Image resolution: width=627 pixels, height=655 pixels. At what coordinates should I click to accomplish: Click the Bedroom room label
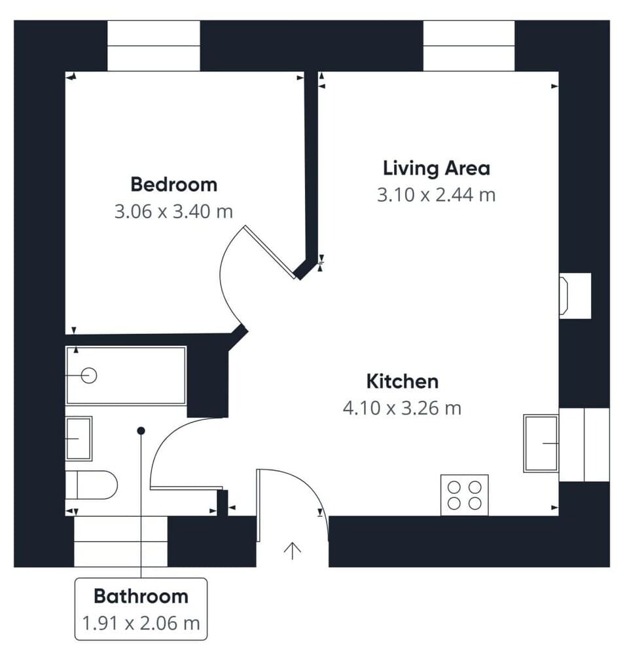click(173, 184)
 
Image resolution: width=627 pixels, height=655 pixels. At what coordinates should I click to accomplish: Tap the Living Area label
click(436, 168)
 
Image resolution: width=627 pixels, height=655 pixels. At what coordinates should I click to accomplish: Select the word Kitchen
click(402, 381)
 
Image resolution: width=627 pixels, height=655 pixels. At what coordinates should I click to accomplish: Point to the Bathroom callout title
click(141, 596)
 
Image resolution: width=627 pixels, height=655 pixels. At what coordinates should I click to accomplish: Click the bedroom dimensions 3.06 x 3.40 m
click(173, 212)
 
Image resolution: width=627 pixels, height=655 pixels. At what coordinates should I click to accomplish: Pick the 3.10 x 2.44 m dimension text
click(436, 195)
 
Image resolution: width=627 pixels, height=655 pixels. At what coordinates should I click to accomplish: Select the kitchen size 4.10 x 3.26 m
click(402, 408)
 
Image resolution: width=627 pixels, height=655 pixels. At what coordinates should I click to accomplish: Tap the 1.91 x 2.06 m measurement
click(141, 623)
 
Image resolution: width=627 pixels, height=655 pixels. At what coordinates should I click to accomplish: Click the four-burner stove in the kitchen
click(464, 495)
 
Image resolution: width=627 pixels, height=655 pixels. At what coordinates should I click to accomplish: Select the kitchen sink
click(541, 443)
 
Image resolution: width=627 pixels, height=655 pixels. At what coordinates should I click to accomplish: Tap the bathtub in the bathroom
click(126, 375)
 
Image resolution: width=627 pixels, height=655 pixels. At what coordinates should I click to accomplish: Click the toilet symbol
click(92, 485)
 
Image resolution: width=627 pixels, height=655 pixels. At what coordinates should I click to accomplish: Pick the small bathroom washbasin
click(79, 438)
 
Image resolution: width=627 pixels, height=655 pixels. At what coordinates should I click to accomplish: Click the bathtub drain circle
click(89, 375)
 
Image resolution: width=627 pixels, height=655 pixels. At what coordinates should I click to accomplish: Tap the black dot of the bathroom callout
click(141, 430)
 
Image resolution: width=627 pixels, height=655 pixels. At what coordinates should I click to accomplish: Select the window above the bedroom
click(153, 46)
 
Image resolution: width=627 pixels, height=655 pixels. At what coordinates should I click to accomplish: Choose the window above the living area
click(469, 46)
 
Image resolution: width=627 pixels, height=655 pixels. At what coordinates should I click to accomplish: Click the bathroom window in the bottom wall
click(120, 541)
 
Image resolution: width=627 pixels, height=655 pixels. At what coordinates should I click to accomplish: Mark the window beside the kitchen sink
click(584, 444)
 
